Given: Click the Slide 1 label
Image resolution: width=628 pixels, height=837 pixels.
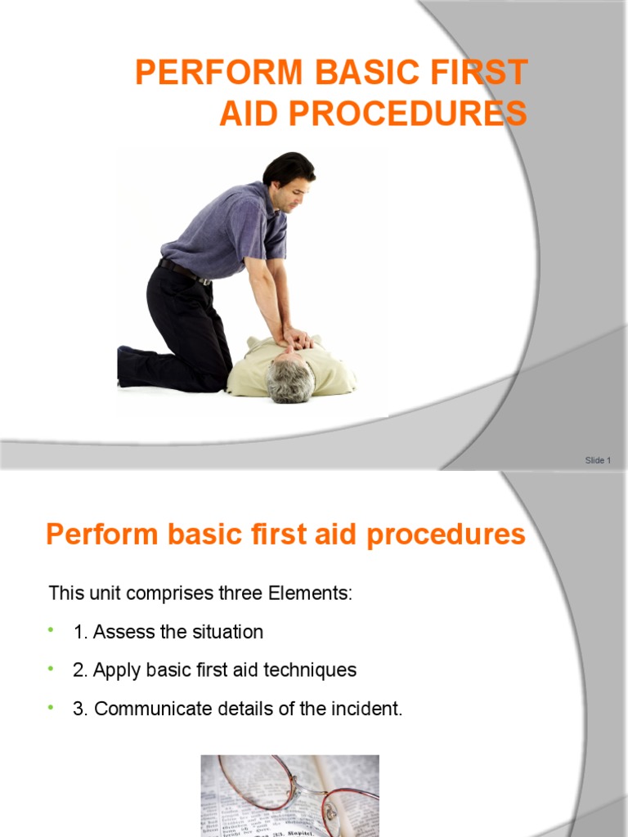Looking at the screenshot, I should pos(598,460).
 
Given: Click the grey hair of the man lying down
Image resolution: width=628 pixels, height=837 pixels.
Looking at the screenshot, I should pos(289,380).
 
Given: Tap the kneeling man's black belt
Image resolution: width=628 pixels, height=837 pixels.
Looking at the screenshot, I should pos(183,271).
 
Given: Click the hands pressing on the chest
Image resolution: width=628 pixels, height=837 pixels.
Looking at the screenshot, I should pos(296,338).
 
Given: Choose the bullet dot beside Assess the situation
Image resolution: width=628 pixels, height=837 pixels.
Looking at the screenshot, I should pos(51,629).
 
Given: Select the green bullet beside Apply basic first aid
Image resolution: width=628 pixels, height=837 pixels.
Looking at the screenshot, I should pos(51,668).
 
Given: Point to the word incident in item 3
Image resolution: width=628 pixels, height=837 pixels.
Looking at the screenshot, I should pos(369,709).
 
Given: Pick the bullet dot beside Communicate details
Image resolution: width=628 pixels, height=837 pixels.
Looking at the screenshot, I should pos(51,707).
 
